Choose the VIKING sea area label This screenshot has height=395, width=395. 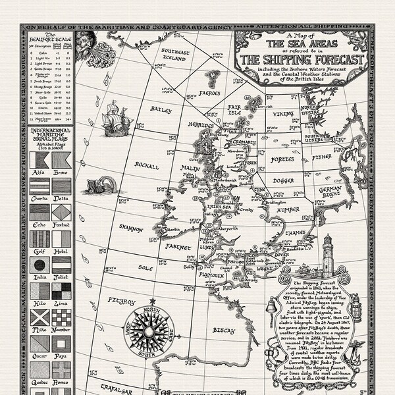(x=280, y=113)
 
